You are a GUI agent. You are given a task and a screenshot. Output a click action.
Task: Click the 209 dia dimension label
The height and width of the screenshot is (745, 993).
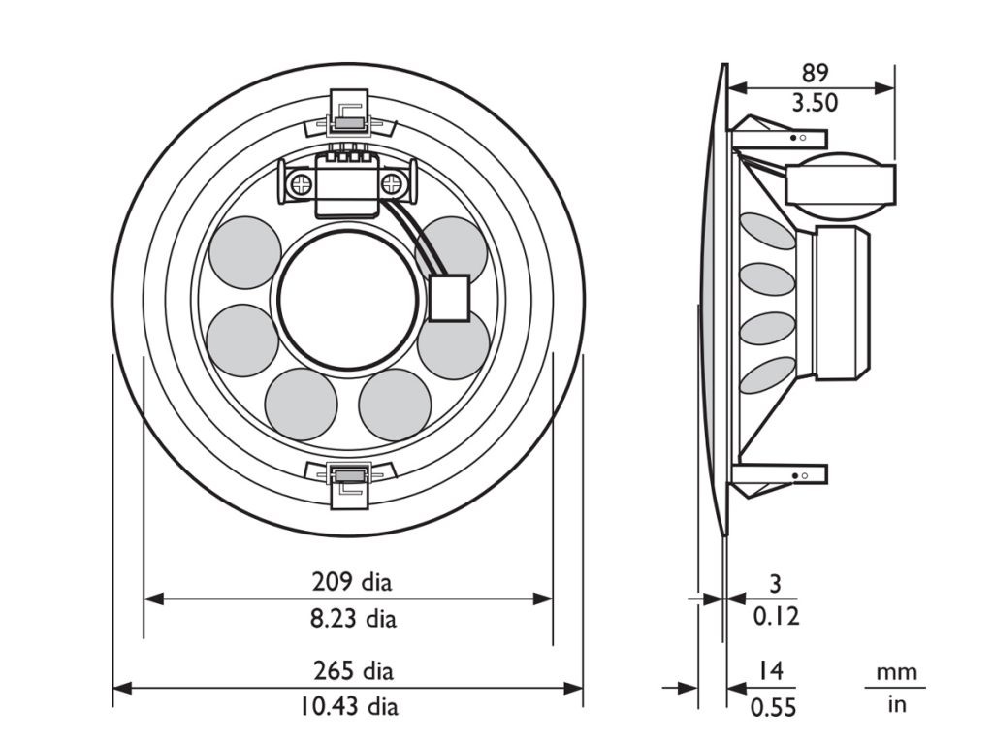point(351,582)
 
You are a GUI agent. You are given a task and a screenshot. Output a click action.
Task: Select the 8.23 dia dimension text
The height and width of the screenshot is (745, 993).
point(353,618)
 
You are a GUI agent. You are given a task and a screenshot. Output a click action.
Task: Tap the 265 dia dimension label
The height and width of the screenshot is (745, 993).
point(353,671)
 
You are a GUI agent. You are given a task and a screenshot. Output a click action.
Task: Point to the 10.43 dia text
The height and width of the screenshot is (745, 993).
point(349,706)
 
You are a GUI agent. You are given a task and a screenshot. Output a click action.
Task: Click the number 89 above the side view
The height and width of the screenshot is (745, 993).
point(815,74)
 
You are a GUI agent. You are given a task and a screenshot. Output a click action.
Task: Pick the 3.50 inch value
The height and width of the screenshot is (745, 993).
point(815,103)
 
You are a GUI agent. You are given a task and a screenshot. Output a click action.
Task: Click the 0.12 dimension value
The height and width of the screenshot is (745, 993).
point(776,616)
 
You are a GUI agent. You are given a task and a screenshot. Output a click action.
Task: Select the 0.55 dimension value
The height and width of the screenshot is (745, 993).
point(773,707)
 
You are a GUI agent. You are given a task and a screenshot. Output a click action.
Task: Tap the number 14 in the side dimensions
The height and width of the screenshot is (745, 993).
point(771,670)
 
